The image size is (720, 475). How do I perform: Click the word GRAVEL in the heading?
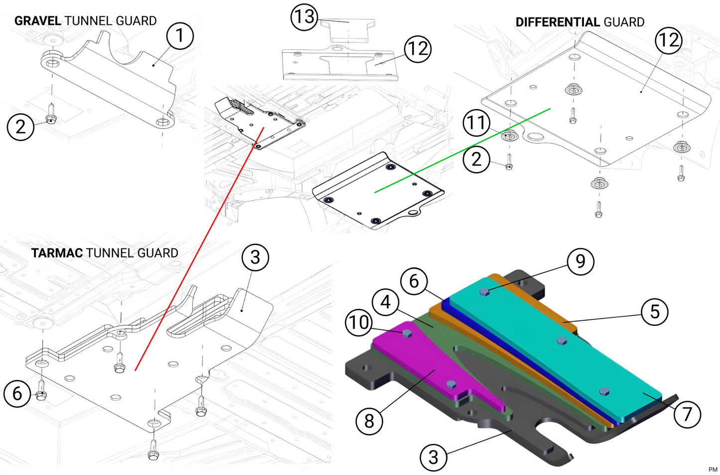tap(38, 21)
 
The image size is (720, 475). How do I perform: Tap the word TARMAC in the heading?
tap(57, 253)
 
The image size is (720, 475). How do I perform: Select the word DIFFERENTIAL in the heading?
tap(558, 22)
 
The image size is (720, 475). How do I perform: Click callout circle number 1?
tap(180, 36)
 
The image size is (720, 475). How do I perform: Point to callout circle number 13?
tap(304, 17)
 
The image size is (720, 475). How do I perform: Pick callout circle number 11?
tap(476, 123)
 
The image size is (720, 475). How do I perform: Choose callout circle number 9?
tap(580, 261)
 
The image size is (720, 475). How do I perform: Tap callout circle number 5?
tap(655, 312)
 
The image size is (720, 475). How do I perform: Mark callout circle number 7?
tap(687, 414)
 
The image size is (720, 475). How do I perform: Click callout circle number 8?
tap(369, 421)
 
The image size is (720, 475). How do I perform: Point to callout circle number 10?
tap(359, 322)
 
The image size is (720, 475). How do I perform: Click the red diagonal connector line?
tap(199, 249)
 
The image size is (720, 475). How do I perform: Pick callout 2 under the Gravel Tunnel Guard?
tap(20, 127)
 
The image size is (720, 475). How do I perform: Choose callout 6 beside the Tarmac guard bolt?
tap(17, 394)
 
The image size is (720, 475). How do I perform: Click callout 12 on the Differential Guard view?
tap(668, 40)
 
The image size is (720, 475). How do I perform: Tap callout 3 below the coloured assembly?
tap(433, 457)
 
